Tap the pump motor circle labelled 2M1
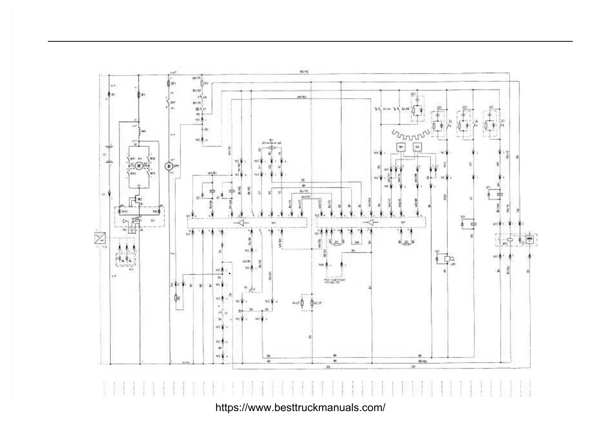pyautogui.click(x=168, y=166)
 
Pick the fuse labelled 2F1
pyautogui.click(x=168, y=84)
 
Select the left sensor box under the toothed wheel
pyautogui.click(x=400, y=148)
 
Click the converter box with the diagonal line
pyautogui.click(x=99, y=238)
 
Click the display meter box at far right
pyautogui.click(x=531, y=239)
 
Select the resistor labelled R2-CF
pyautogui.click(x=312, y=303)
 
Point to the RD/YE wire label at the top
pyautogui.click(x=304, y=72)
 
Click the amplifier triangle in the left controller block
pyautogui.click(x=241, y=223)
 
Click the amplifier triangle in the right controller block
pyautogui.click(x=370, y=223)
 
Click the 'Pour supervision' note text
pyautogui.click(x=335, y=280)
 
